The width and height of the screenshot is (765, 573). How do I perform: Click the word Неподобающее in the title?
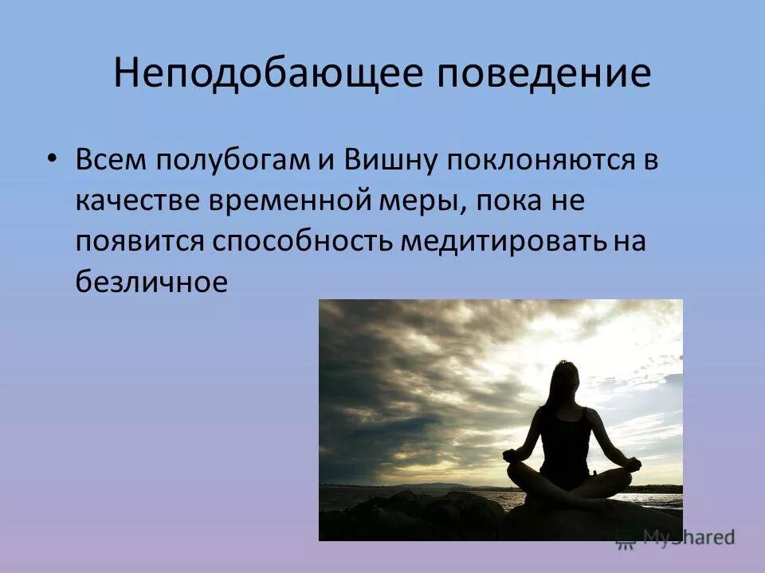point(264,73)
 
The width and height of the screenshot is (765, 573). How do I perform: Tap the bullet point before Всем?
point(52,158)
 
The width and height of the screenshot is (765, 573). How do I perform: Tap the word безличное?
point(152,283)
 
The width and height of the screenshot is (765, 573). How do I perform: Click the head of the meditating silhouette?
point(567,376)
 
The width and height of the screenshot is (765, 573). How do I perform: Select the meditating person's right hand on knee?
point(512,455)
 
